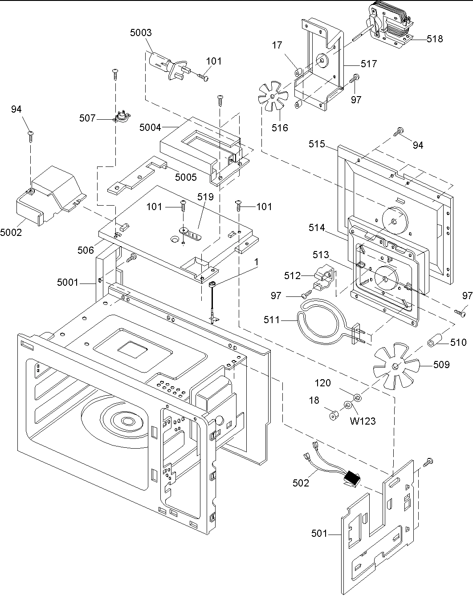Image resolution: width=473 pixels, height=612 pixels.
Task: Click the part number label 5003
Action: point(141,32)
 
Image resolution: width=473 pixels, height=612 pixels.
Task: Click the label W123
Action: point(363,421)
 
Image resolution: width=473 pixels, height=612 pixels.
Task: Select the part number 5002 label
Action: point(11,232)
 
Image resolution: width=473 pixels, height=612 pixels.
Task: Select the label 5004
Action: point(150,128)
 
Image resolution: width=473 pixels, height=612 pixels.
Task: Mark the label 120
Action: point(323,383)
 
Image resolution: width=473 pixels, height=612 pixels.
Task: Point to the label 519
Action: point(206,196)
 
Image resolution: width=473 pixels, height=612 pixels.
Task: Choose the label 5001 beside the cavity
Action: point(67,282)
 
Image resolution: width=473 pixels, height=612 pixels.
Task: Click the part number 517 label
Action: point(369,64)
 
